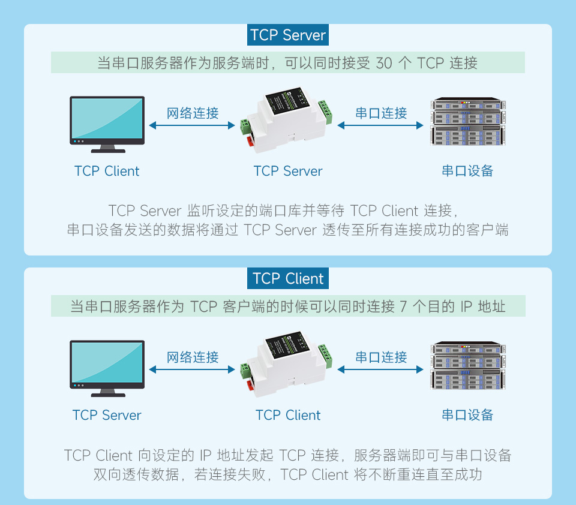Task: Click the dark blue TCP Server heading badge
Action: [288, 35]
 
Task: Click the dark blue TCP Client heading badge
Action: [288, 279]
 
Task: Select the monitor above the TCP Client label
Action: [107, 123]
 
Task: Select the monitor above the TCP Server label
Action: [107, 367]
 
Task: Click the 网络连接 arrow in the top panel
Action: [192, 125]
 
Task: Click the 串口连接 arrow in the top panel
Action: [381, 125]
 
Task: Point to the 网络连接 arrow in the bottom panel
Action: [192, 369]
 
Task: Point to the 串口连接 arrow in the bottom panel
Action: [381, 369]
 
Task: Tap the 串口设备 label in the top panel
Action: [467, 171]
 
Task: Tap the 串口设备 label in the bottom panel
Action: [467, 415]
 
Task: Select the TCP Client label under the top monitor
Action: [107, 171]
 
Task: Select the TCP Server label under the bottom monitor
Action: [107, 415]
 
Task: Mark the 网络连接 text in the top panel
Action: [193, 113]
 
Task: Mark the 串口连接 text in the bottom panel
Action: [381, 357]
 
